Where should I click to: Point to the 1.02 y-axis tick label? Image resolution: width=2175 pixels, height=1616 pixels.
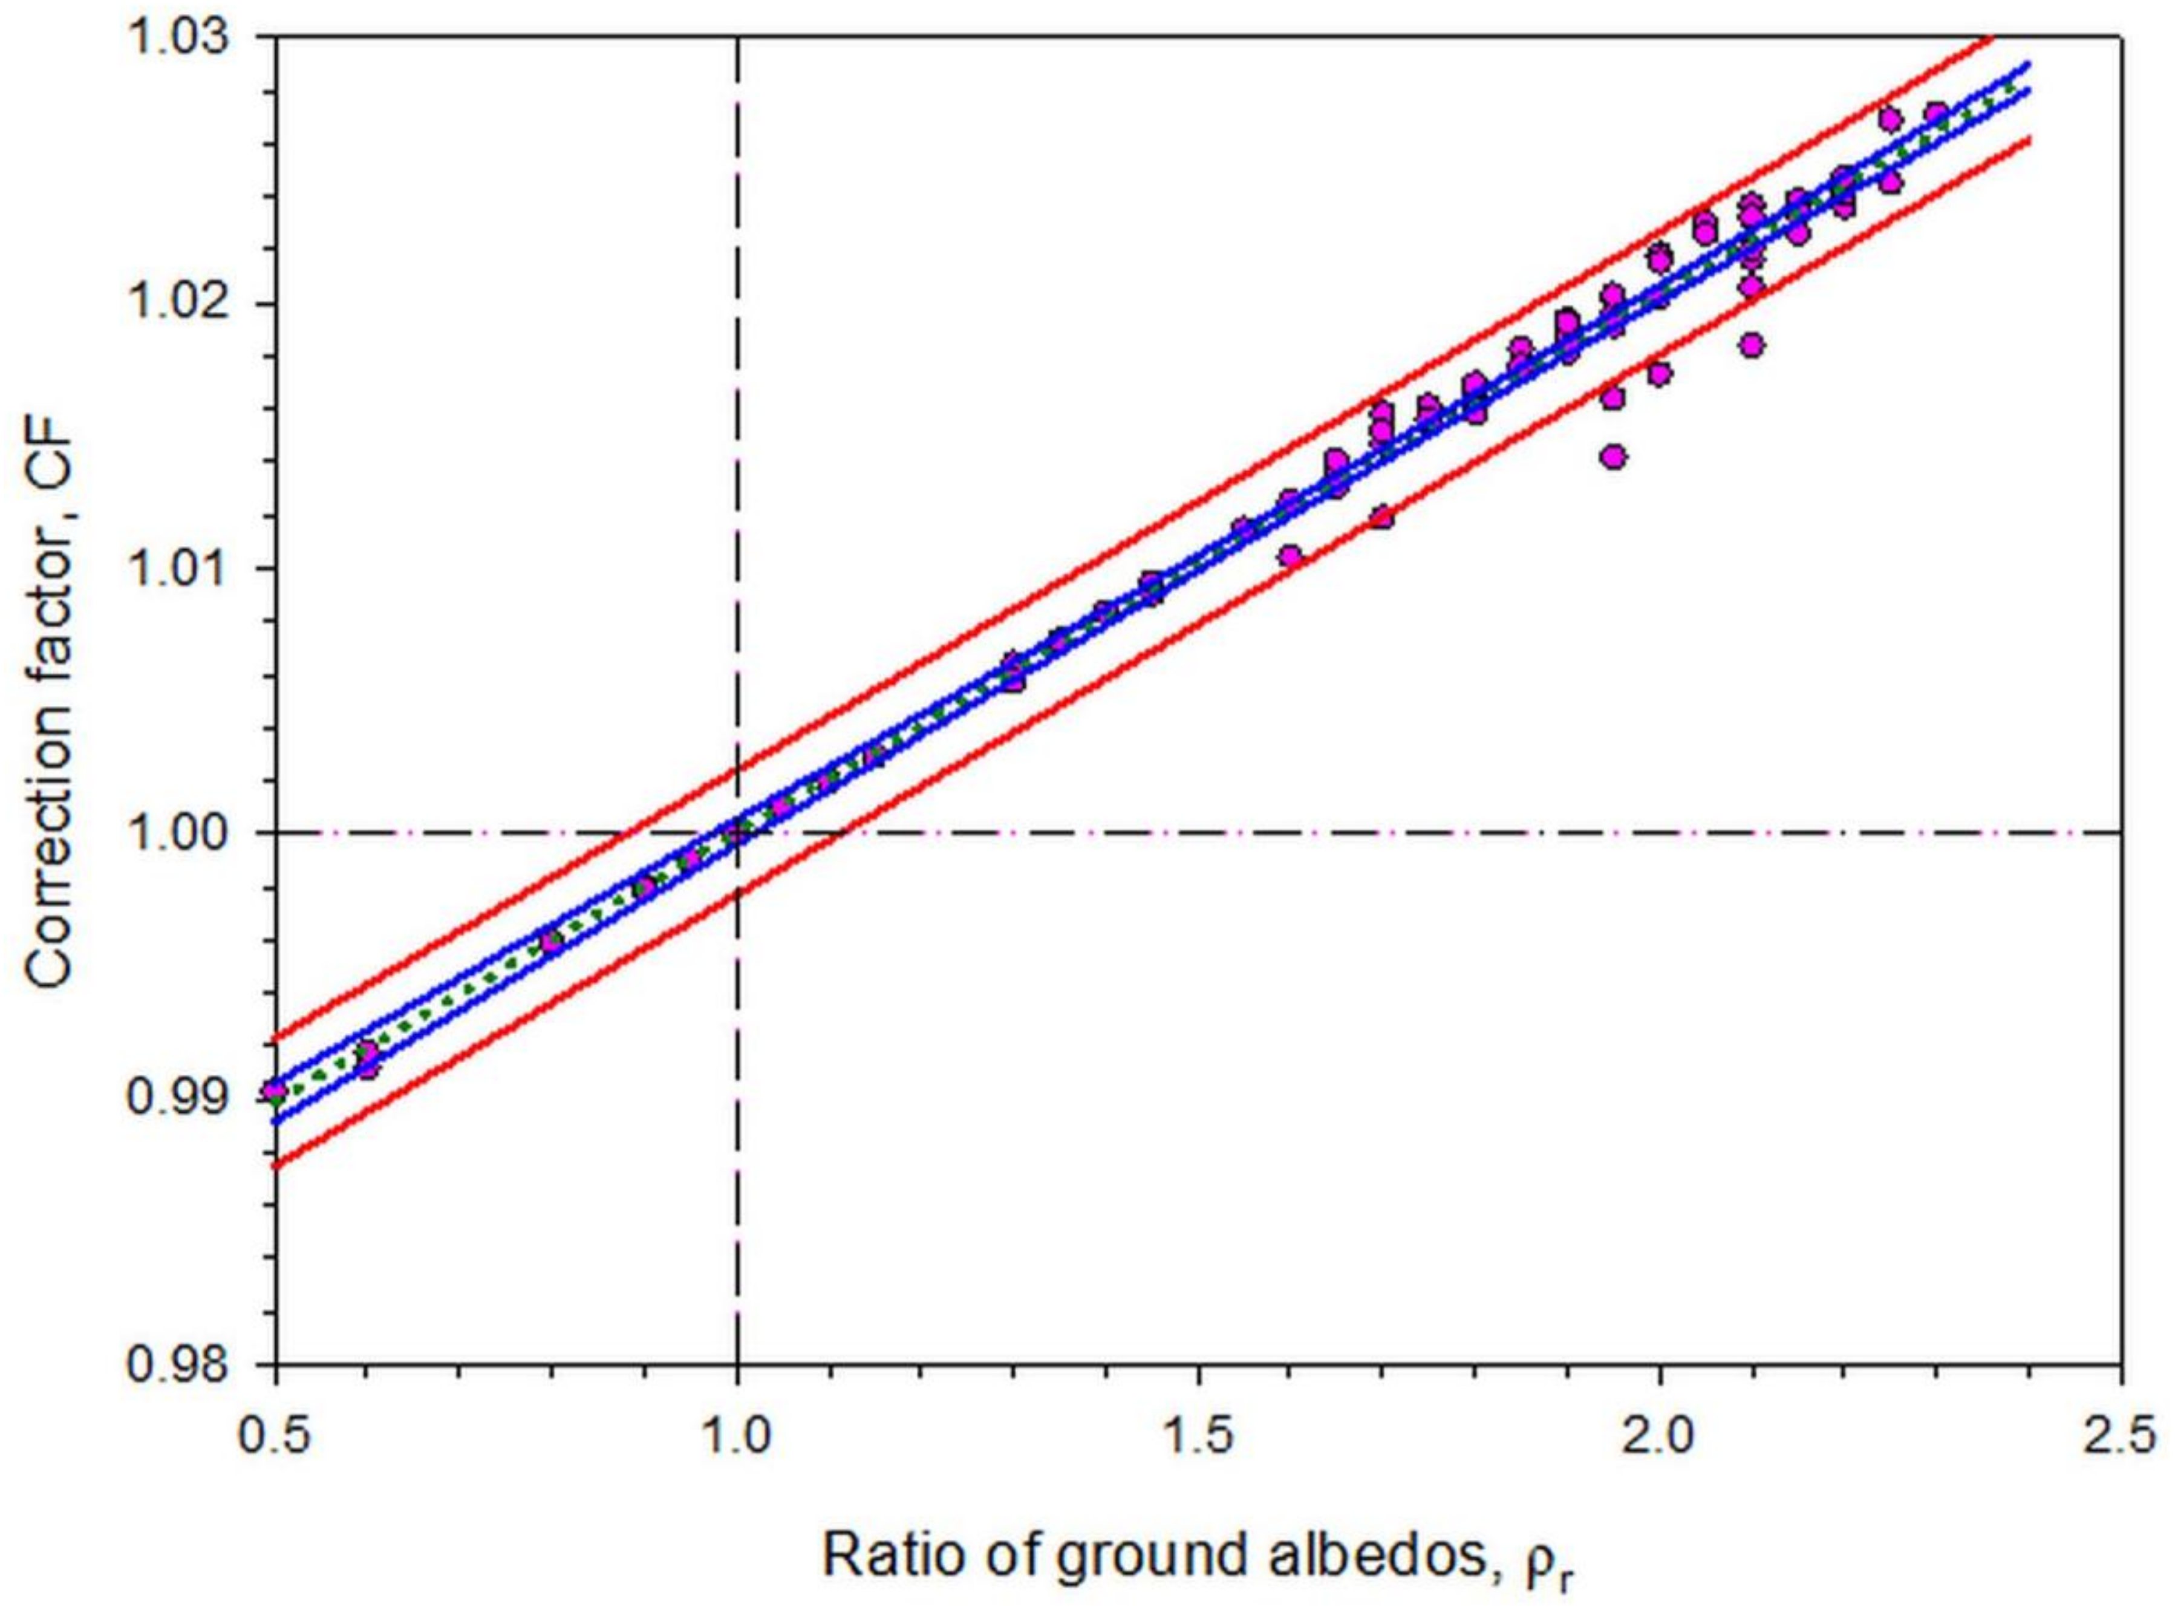coord(185,303)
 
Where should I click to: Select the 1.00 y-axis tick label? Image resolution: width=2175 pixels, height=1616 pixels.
coord(185,833)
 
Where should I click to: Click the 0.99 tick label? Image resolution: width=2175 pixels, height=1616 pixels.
coord(185,1098)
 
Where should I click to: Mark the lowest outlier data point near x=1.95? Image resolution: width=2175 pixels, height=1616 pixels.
coord(1614,457)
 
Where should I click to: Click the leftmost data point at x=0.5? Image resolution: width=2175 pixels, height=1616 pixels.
coord(277,1090)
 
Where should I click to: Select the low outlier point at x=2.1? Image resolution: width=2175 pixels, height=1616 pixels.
coord(1752,345)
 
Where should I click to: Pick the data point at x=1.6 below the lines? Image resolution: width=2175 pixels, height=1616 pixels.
coord(1291,556)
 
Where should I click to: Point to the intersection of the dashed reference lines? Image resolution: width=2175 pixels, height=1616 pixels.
coord(738,833)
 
